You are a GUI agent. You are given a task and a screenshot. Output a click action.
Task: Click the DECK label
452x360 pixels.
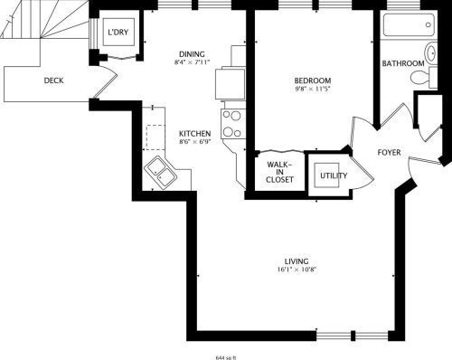pos(53,81)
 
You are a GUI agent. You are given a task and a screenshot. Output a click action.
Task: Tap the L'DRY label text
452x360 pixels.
pos(118,32)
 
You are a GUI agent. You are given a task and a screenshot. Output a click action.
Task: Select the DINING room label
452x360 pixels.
pos(192,54)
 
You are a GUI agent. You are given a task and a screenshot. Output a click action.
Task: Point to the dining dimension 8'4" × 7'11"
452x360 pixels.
pos(192,62)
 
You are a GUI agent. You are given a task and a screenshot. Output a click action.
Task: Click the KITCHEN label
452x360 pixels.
pos(195,134)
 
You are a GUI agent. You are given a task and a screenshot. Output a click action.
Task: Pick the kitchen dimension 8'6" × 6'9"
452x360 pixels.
pos(195,142)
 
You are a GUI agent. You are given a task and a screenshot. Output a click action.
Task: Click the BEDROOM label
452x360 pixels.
pos(313,81)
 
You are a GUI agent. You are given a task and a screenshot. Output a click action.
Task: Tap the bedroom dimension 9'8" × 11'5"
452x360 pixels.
pos(313,89)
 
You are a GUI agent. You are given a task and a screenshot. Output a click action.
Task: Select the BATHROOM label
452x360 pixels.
pos(403,63)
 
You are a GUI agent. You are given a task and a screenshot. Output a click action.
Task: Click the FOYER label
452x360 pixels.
pos(390,153)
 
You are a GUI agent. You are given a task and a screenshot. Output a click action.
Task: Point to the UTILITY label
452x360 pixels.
pos(334,175)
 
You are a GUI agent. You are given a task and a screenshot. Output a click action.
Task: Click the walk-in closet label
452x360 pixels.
pos(279,172)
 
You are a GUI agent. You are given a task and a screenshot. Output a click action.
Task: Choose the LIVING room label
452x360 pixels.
pos(297,261)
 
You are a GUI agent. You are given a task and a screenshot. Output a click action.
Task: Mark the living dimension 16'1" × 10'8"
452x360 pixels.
pos(297,270)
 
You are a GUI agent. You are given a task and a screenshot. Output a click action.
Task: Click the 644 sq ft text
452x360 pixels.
pos(226,357)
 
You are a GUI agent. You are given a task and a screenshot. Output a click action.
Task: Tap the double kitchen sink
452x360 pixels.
pos(160,173)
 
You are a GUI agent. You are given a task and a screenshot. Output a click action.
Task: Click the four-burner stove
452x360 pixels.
pos(232,124)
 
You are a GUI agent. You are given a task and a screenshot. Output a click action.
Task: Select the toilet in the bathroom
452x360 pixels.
pos(420,77)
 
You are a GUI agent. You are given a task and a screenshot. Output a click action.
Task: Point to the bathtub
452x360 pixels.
pos(409,24)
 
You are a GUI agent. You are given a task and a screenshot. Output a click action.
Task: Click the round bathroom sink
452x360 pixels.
pos(431,53)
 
